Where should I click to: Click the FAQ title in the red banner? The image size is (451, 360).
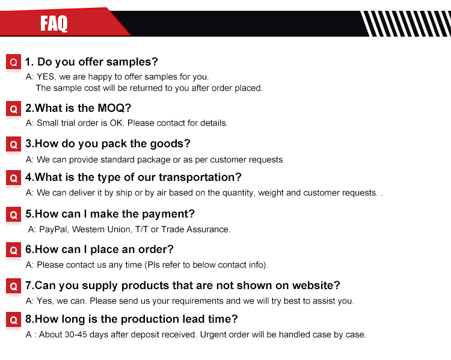(x=54, y=23)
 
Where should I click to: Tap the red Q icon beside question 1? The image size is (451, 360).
(x=13, y=62)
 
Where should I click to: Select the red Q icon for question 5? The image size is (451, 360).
(x=13, y=215)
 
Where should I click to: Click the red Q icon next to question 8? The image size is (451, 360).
(x=13, y=320)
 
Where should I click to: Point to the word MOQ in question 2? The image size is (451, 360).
(x=111, y=108)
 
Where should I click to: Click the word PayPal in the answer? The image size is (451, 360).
(x=53, y=230)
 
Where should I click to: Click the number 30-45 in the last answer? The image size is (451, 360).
(x=76, y=335)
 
